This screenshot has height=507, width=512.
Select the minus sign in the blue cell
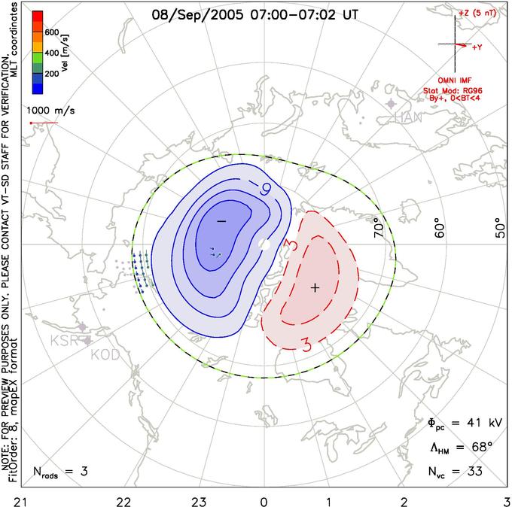pos(221,222)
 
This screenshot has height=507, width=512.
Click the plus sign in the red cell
pos(315,287)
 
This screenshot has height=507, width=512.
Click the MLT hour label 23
pos(200,499)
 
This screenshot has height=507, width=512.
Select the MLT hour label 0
pos(264,499)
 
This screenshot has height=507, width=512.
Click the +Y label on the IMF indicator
pos(477,47)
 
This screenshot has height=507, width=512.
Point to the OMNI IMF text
pos(463,80)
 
